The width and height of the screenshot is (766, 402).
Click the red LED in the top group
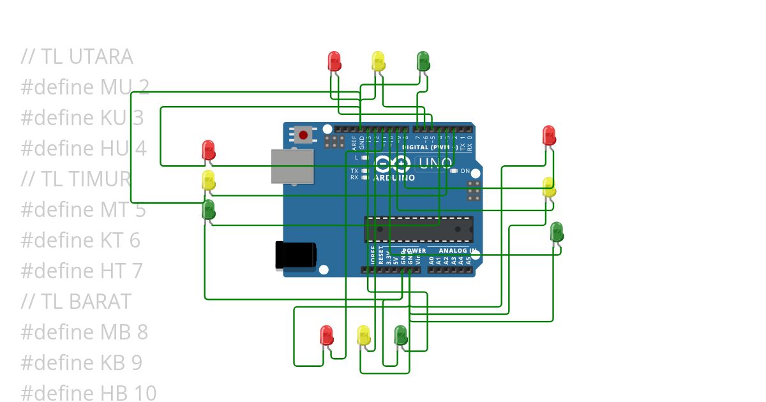pos(334,61)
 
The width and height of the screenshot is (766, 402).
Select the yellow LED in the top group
pos(378,61)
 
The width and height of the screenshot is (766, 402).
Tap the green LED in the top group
pos(423,61)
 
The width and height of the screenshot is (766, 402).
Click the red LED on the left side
pos(208,151)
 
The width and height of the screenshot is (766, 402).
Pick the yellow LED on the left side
pos(208,180)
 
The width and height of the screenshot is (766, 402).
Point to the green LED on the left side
pos(208,209)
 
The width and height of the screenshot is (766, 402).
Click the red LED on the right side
pos(549,135)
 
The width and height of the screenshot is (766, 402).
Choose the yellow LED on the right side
pos(549,188)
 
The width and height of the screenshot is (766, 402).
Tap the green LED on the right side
pos(557,232)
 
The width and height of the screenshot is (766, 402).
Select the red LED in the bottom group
pos(326,335)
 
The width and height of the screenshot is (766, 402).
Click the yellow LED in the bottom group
pos(363,336)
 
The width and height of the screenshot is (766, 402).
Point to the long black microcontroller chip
pos(419,229)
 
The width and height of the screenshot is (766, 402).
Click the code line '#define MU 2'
pos(85,87)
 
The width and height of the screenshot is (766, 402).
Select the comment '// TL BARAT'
pos(76,301)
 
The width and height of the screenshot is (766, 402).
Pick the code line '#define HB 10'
pos(88,393)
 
